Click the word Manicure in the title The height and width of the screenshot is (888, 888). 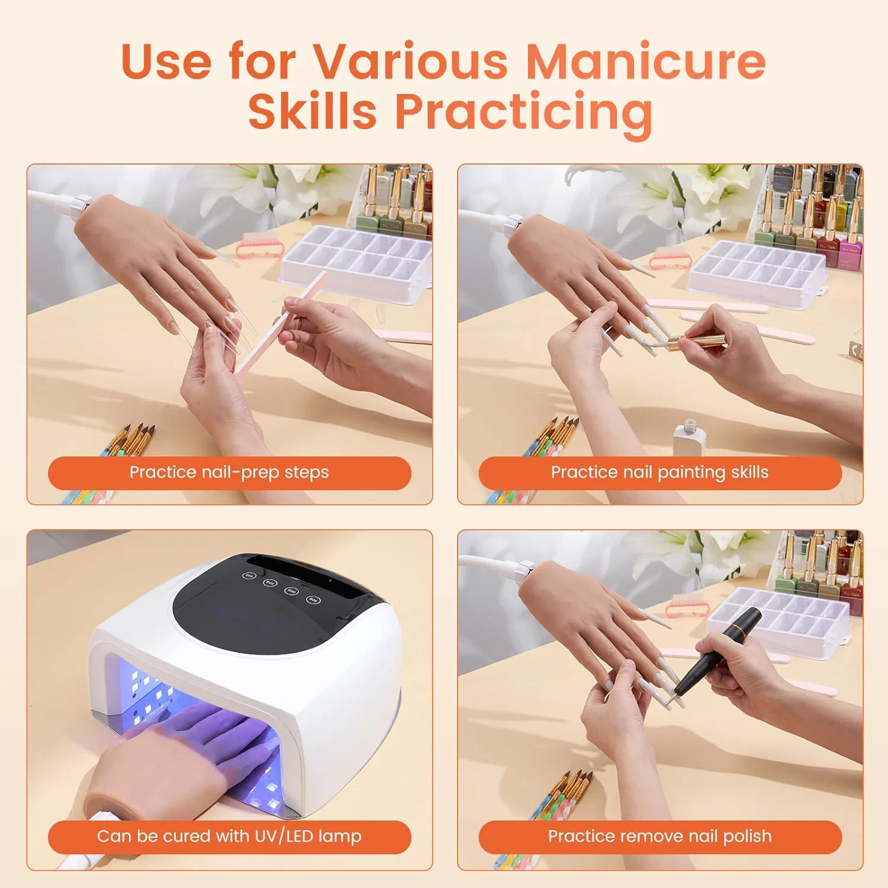coord(646,62)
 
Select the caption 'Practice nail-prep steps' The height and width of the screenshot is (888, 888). coord(229,472)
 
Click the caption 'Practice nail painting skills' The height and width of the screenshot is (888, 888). coord(659,472)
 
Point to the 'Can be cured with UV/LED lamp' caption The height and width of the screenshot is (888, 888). coord(229,836)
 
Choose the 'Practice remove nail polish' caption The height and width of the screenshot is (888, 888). coord(659,836)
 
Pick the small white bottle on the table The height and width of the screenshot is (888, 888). coord(689,437)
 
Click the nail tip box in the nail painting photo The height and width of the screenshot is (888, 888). coord(758,272)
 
